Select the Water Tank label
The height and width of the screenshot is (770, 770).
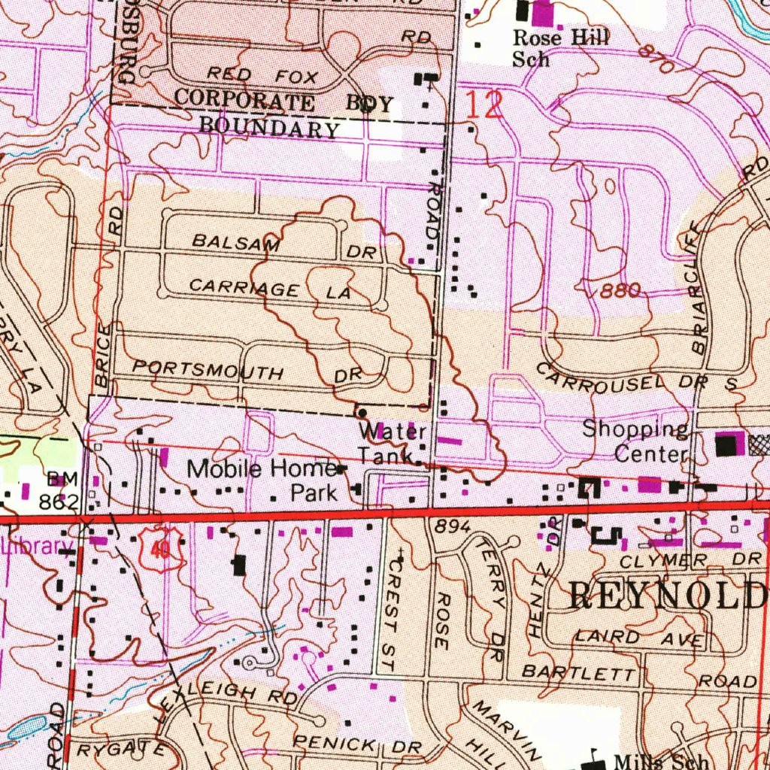(x=393, y=444)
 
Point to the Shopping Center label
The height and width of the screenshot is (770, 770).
(x=636, y=441)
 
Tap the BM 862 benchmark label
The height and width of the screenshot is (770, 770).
(x=62, y=490)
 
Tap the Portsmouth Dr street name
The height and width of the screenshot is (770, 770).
(x=247, y=371)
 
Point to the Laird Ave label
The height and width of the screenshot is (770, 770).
(x=639, y=638)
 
